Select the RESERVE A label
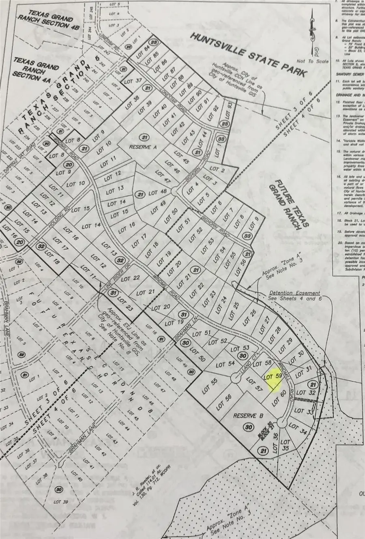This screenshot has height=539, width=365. (143, 147)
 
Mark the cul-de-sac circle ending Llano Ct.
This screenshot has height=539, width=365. (235, 378)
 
